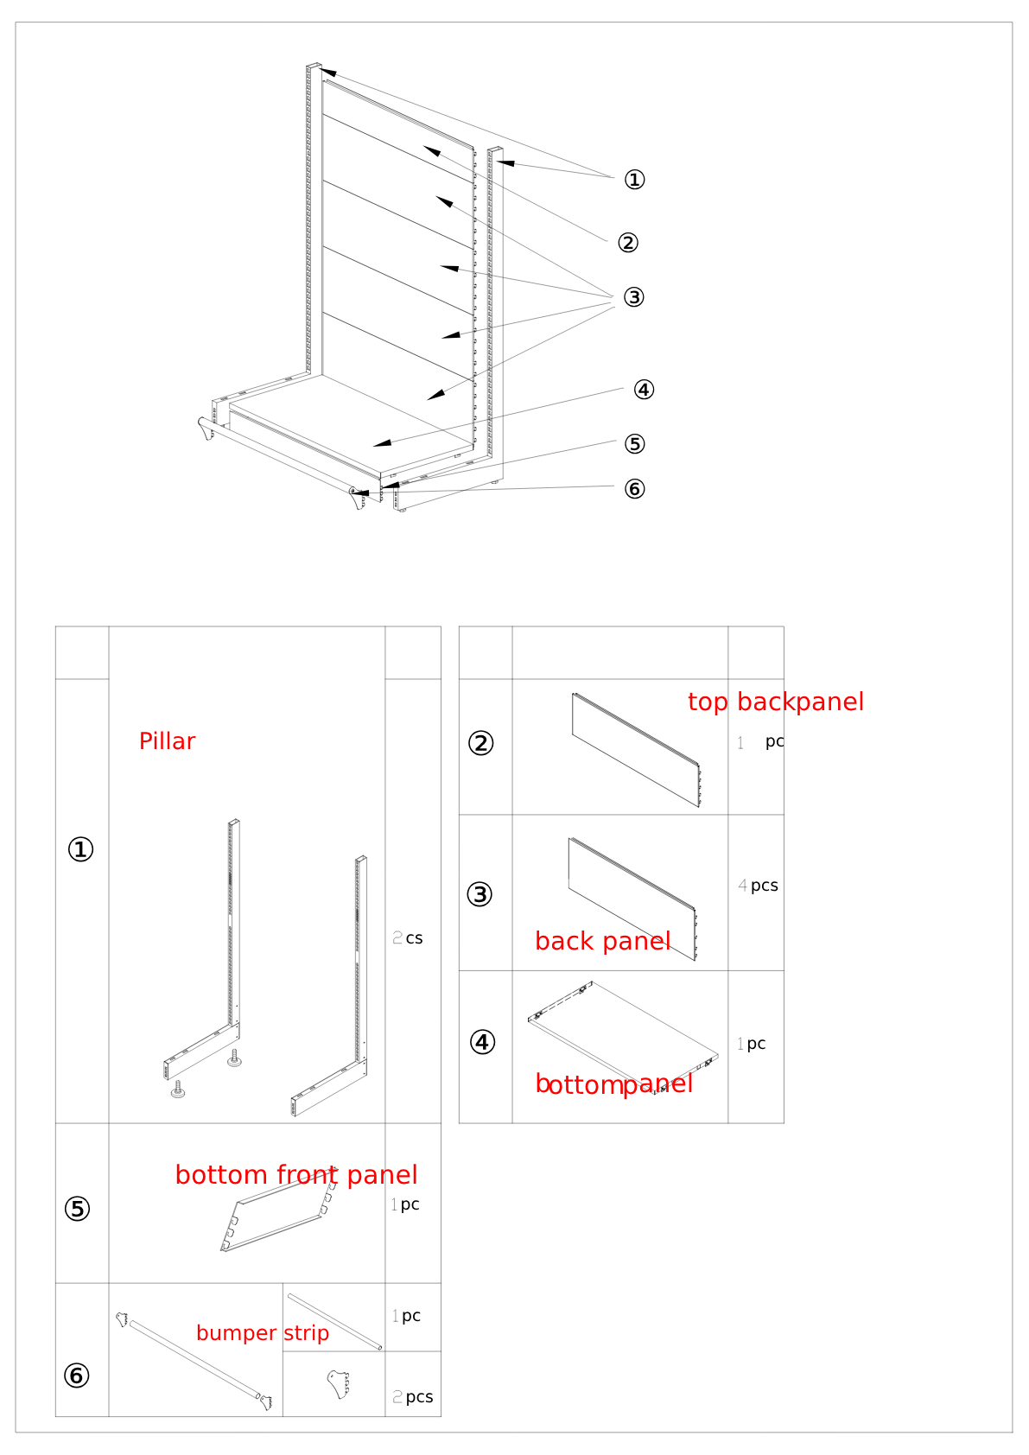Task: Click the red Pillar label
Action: click(167, 741)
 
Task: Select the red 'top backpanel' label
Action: click(776, 702)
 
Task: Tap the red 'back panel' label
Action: click(602, 941)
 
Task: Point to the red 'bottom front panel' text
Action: click(296, 1175)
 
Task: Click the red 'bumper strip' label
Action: click(263, 1333)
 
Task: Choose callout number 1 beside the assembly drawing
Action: click(635, 180)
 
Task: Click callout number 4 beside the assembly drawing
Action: click(644, 390)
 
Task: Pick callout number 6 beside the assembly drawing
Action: click(635, 488)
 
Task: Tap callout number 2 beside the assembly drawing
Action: click(627, 243)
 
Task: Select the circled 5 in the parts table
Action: click(77, 1210)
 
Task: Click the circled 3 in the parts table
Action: click(480, 894)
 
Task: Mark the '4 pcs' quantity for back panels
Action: click(758, 886)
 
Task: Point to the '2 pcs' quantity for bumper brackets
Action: click(412, 1397)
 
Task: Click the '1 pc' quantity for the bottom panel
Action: click(752, 1044)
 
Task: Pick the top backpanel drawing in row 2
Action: click(636, 750)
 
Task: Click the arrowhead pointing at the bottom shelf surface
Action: click(382, 443)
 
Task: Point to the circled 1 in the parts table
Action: click(81, 849)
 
